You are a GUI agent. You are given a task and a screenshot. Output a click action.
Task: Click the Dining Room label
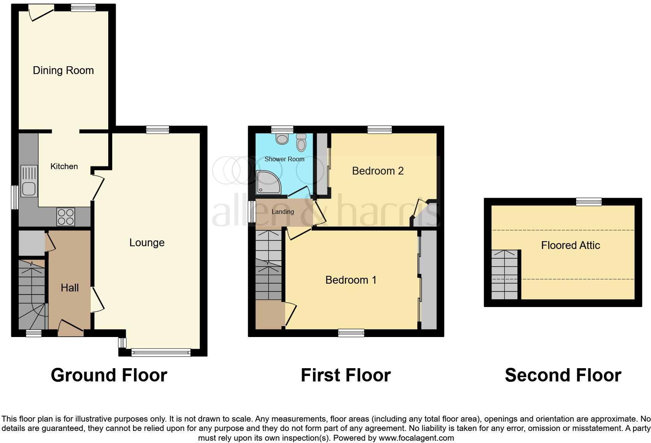pyautogui.click(x=63, y=71)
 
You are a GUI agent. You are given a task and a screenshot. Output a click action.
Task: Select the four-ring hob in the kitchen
pyautogui.click(x=66, y=217)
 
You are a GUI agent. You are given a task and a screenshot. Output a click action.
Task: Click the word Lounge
pyautogui.click(x=147, y=243)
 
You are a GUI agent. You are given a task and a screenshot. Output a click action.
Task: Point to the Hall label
pyautogui.click(x=70, y=288)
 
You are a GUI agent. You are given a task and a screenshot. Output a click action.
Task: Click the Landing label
pyautogui.click(x=283, y=212)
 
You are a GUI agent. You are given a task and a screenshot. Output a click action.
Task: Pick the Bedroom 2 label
pyautogui.click(x=378, y=171)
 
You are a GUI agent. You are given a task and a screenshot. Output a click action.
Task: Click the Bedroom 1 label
pyautogui.click(x=351, y=280)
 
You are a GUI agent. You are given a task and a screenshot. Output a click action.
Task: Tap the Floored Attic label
pyautogui.click(x=570, y=245)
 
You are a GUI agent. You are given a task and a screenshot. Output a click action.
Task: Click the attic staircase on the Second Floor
pyautogui.click(x=505, y=274)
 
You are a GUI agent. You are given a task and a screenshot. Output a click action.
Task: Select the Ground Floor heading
pyautogui.click(x=109, y=375)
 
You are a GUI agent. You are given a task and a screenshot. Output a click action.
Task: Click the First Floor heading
pyautogui.click(x=346, y=375)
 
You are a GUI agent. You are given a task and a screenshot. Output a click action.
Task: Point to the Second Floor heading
pyautogui.click(x=563, y=375)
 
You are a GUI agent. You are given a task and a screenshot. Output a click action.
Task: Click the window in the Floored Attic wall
pyautogui.click(x=589, y=201)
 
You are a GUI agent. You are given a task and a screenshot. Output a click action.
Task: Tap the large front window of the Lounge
pyautogui.click(x=161, y=352)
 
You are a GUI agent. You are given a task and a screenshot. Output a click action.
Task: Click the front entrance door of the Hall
pyautogui.click(x=70, y=328)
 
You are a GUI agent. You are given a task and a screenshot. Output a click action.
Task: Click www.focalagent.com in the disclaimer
pyautogui.click(x=416, y=438)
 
